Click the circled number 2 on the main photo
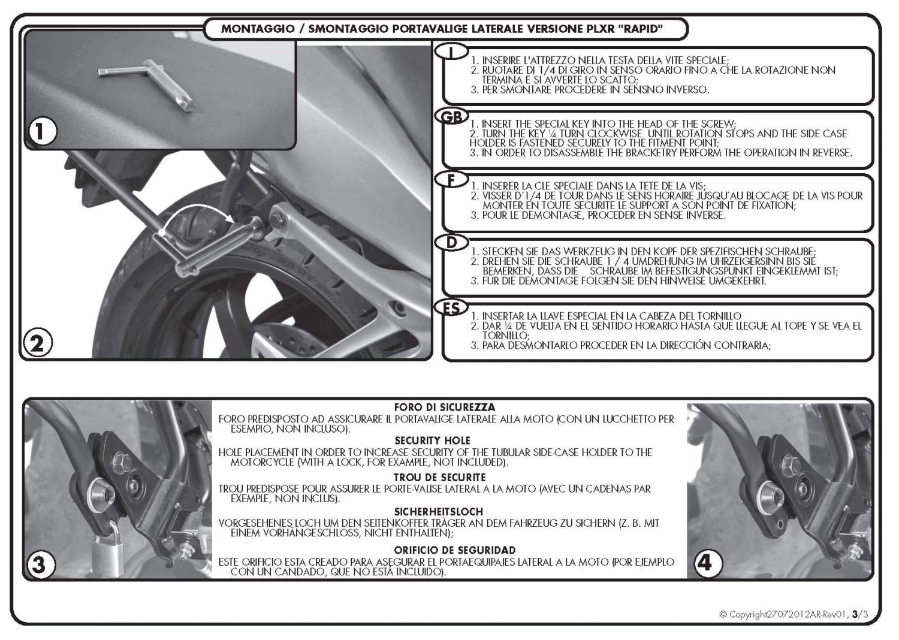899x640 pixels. (37, 343)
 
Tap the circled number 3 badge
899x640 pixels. (39, 564)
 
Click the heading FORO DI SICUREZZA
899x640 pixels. (444, 407)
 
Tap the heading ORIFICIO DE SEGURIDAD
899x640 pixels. (454, 550)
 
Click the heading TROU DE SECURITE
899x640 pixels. (440, 478)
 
